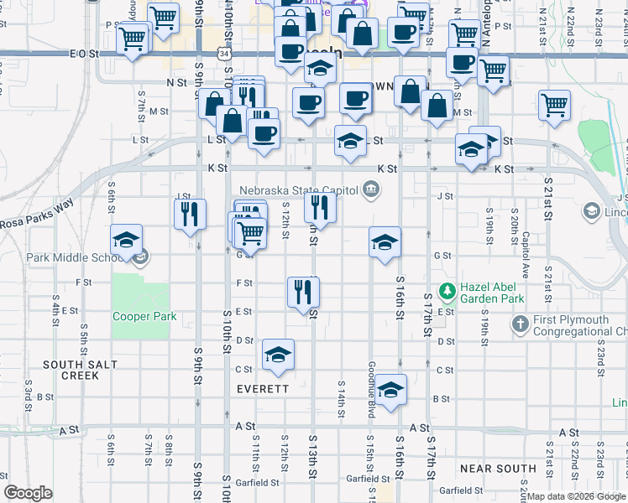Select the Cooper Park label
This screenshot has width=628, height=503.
click(x=144, y=317)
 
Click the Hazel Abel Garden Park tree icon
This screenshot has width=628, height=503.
click(x=447, y=291)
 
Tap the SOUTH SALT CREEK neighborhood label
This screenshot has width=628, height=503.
click(x=71, y=370)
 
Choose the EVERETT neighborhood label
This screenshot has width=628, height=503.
click(x=263, y=389)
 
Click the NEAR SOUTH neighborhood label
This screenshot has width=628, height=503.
click(x=499, y=469)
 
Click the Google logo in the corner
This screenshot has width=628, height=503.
click(x=28, y=493)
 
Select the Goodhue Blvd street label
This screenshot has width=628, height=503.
click(x=370, y=386)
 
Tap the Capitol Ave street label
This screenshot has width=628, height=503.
click(x=526, y=255)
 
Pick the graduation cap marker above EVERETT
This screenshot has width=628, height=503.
click(x=278, y=354)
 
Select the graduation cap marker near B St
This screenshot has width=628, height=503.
click(x=390, y=390)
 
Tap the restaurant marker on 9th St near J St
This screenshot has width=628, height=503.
click(x=191, y=214)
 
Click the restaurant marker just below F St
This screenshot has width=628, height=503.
click(x=303, y=292)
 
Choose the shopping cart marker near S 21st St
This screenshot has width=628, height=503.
click(x=554, y=106)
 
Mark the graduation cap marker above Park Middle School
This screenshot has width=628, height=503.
click(x=126, y=240)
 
